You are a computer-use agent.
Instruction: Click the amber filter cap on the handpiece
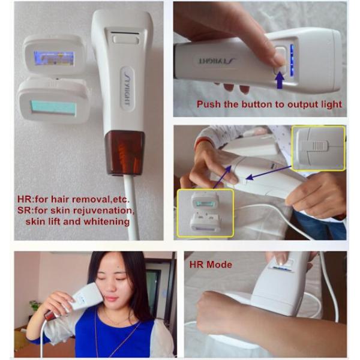tap(125, 152)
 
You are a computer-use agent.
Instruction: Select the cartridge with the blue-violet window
tap(55, 56)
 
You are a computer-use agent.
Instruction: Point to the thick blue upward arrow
tap(280, 79)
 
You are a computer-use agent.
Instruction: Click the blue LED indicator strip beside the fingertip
tap(292, 61)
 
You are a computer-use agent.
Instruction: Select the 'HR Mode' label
tap(211, 265)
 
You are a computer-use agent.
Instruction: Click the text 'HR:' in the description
tap(25, 199)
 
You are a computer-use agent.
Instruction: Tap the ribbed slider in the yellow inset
tap(318, 146)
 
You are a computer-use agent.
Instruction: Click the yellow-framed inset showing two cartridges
tap(205, 212)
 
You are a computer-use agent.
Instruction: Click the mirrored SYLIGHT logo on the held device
tap(217, 61)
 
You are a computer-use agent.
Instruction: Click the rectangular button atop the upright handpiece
tap(126, 39)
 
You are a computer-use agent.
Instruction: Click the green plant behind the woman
tap(35, 305)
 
